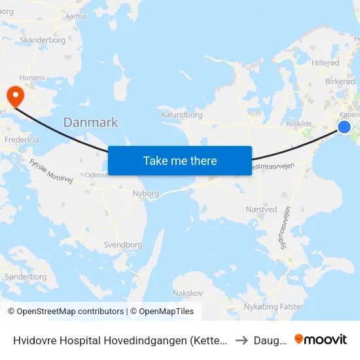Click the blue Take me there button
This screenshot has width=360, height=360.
point(180,160)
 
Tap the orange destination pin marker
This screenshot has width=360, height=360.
point(14,96)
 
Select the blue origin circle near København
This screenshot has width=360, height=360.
point(344,127)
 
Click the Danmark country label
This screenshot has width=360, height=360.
point(90,122)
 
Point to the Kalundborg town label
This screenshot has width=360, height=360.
point(181,115)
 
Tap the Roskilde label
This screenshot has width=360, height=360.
point(298,123)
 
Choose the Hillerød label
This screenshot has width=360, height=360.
point(326,63)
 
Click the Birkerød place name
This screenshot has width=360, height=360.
point(341,82)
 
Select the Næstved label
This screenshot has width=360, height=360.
point(262,209)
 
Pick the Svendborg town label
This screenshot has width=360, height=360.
point(122,245)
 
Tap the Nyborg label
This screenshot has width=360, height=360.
point(145,194)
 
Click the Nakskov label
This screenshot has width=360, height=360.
point(187,293)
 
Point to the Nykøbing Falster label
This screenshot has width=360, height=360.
point(273,306)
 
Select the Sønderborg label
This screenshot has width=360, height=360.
point(26,277)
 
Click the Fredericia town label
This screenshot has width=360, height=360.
point(21,140)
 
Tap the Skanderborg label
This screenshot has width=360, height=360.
point(43,40)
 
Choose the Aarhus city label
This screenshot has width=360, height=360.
point(76,16)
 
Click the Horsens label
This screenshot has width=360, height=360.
point(32,77)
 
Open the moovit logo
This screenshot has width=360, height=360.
point(320,339)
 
